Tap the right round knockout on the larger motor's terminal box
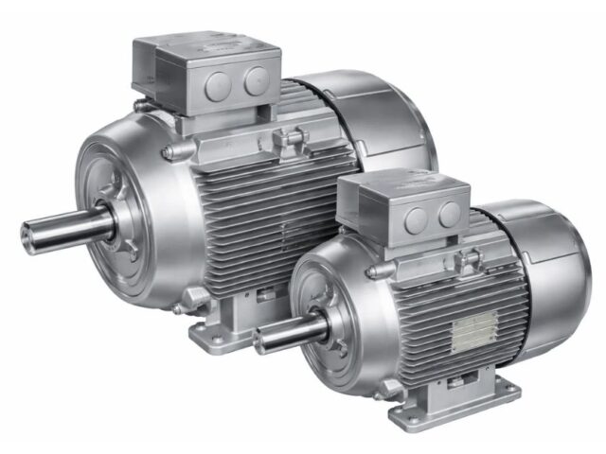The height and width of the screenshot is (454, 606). point(254,82)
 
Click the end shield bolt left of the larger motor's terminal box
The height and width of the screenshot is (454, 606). point(166,151)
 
